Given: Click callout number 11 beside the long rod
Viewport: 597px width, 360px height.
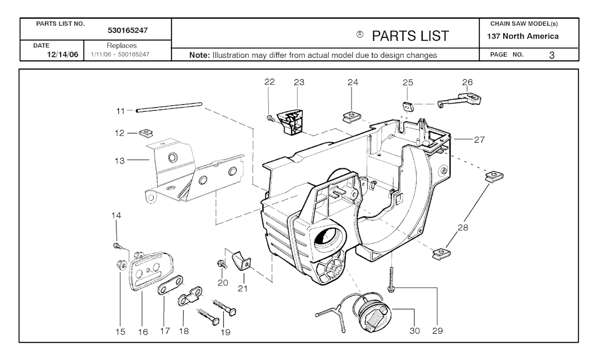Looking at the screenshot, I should [x=120, y=110].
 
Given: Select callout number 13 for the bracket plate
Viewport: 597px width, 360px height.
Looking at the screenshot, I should [x=120, y=161].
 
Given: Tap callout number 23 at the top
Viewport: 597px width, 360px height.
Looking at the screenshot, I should [x=299, y=82].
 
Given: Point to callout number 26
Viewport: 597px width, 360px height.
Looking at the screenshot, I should [x=468, y=82].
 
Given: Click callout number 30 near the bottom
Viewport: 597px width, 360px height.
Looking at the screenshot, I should [x=415, y=331].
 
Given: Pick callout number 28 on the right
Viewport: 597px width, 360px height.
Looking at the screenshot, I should [x=463, y=228].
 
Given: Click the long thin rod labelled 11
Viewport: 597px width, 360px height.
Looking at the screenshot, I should [x=169, y=107].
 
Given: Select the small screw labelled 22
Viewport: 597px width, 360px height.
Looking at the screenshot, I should [x=271, y=119].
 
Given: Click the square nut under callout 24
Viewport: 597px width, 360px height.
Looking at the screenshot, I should [x=352, y=115].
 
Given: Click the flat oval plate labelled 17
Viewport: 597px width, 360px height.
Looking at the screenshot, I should [x=170, y=287].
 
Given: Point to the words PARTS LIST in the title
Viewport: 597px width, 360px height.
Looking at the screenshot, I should [x=410, y=36].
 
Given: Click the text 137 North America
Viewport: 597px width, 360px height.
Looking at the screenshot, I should [x=523, y=36].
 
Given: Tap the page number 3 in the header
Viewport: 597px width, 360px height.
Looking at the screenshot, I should [x=551, y=55].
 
